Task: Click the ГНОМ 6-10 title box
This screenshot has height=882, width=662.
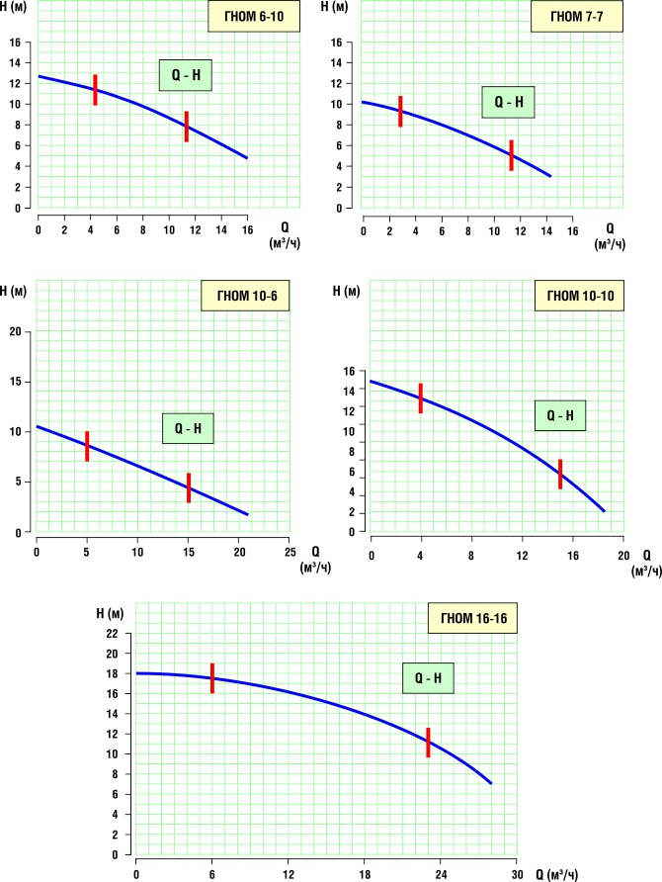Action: click(253, 18)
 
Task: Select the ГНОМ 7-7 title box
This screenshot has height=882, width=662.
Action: click(577, 18)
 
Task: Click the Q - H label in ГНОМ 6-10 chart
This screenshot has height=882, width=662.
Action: click(186, 74)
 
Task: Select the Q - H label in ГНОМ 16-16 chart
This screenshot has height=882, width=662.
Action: click(428, 678)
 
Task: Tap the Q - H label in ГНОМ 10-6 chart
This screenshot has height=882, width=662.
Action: click(188, 428)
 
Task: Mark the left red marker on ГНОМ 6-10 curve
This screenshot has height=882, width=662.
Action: click(95, 90)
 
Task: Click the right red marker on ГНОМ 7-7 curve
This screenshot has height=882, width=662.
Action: click(512, 155)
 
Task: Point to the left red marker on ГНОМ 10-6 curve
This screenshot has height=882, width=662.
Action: click(87, 446)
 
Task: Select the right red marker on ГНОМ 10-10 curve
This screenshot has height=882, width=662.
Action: click(560, 474)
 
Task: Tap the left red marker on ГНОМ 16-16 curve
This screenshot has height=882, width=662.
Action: click(212, 677)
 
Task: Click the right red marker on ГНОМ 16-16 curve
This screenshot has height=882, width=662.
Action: click(428, 743)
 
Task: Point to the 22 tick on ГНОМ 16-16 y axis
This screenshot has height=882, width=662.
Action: click(112, 634)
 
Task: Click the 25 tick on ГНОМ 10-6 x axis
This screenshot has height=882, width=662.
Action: click(289, 551)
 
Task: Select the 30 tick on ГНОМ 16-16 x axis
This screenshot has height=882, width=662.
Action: click(516, 874)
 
